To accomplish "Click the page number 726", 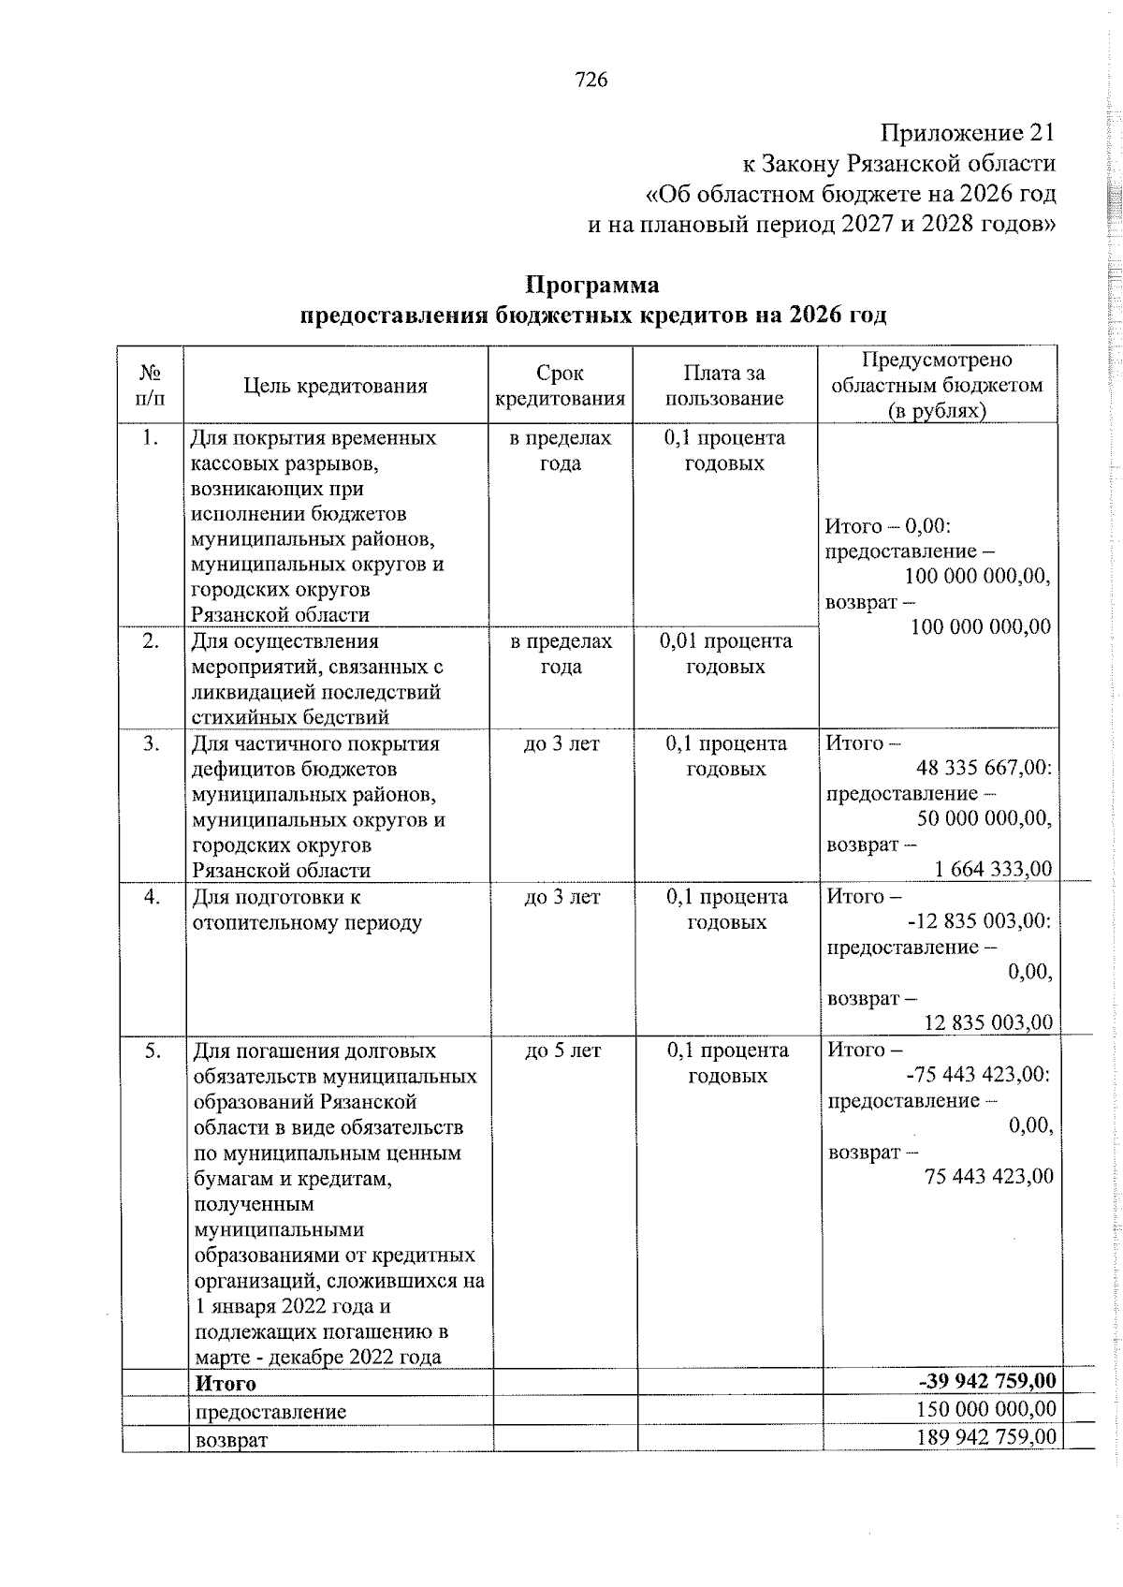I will (x=591, y=81).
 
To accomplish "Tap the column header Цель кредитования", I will (x=335, y=386).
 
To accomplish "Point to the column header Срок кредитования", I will (x=560, y=386).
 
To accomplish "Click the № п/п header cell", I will (x=151, y=386).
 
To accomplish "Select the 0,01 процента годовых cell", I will (x=725, y=654).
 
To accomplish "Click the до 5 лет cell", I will (x=562, y=1051).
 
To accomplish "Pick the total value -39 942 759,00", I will (x=987, y=1381).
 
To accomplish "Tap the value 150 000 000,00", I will (x=987, y=1408).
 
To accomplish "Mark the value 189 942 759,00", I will (x=987, y=1436).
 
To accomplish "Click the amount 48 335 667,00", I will (x=984, y=769).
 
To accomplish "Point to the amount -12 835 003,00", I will (x=979, y=921).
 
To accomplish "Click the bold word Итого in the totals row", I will (x=225, y=1383).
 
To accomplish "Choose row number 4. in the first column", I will (x=151, y=897).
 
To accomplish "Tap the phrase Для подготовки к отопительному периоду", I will (x=307, y=910).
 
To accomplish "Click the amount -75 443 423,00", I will (x=979, y=1075).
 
